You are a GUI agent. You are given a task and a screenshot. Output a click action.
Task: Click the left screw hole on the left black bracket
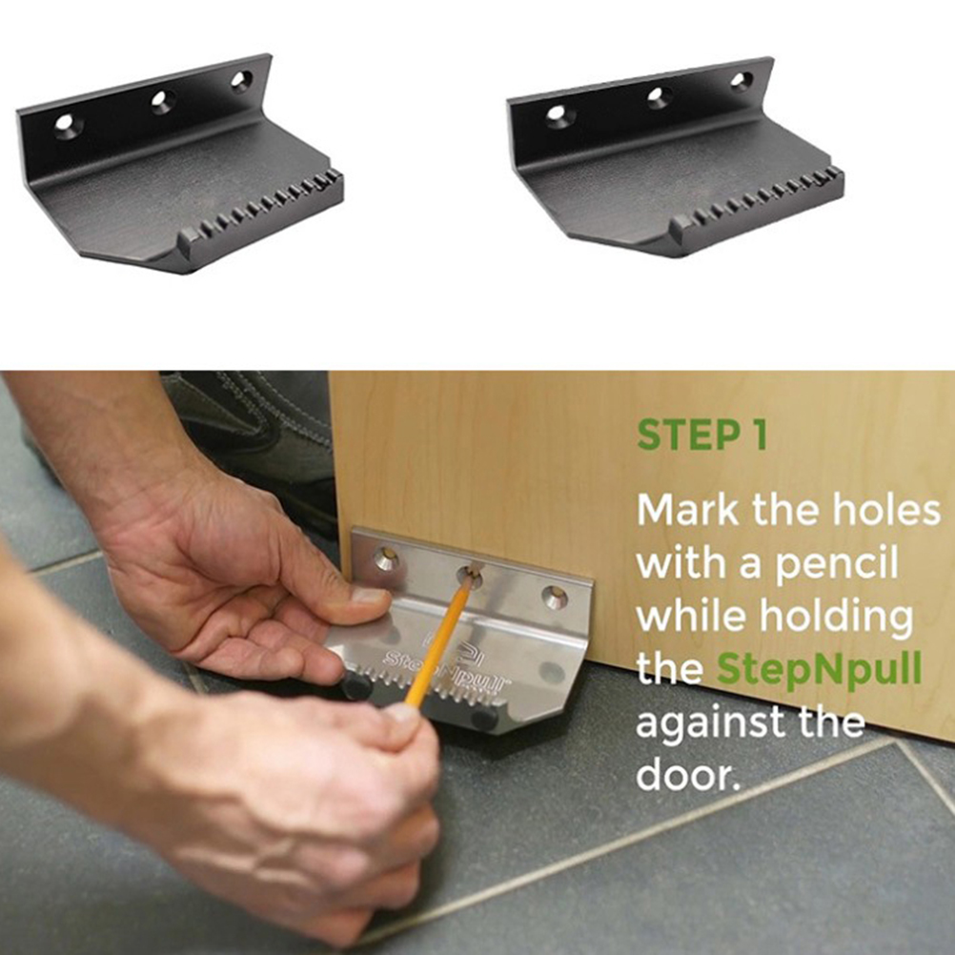65,124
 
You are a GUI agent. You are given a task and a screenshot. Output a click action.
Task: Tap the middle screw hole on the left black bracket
162,101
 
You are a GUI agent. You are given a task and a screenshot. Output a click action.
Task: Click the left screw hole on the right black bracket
558,113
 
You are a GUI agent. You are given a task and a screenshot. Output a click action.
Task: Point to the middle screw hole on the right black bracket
658,96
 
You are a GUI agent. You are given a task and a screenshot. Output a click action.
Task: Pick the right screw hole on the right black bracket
742,81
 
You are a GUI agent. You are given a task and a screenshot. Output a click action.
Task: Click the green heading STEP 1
701,435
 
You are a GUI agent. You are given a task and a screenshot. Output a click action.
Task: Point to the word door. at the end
688,774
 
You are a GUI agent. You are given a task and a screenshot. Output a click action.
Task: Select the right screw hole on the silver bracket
555,598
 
